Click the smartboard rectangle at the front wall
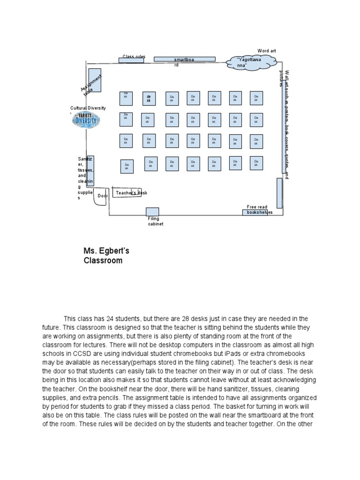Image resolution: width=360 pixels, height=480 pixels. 185,59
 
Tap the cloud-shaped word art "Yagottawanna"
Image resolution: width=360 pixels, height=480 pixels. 248,62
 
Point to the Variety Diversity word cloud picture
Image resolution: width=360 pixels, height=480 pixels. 87,121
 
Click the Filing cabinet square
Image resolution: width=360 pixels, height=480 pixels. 152,212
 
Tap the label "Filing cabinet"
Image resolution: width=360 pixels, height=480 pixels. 154,221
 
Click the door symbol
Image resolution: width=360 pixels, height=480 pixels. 102,196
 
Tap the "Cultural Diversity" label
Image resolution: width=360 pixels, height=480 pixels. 88,108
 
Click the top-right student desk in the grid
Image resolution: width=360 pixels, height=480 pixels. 256,98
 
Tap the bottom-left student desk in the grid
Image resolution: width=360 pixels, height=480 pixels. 127,166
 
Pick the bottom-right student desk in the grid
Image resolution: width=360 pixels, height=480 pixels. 256,163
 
